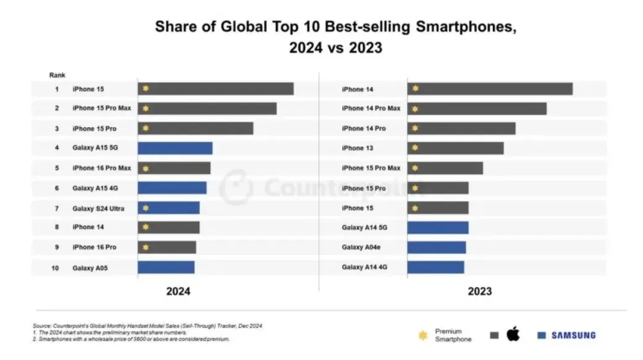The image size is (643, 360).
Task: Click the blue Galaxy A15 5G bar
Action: (x=175, y=148)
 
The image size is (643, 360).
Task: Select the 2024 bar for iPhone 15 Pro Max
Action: (x=207, y=109)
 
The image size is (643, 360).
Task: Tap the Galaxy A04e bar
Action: (x=436, y=247)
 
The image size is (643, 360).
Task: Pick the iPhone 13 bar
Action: (x=455, y=148)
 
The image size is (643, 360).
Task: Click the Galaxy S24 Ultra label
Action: (x=98, y=209)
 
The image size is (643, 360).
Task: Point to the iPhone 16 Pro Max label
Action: (x=102, y=168)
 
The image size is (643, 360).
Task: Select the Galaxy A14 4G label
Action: (x=364, y=267)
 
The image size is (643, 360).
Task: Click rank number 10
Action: (x=55, y=268)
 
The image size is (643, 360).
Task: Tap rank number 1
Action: (x=57, y=89)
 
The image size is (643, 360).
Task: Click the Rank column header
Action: (x=57, y=75)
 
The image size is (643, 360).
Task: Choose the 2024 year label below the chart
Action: (x=178, y=291)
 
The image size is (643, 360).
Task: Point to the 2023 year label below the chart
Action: (x=480, y=291)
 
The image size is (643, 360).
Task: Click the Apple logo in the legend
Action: (x=513, y=334)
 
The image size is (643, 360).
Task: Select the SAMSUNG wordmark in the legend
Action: (x=574, y=335)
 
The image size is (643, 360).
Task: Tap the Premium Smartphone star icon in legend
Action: (x=423, y=335)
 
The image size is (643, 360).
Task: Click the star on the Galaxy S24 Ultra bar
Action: (x=146, y=208)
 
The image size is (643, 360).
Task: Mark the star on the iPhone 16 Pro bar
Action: (x=146, y=247)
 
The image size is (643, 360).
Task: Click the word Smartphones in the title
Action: (x=466, y=27)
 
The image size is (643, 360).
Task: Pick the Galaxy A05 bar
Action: (x=166, y=267)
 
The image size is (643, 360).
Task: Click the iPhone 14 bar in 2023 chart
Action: (x=490, y=89)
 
